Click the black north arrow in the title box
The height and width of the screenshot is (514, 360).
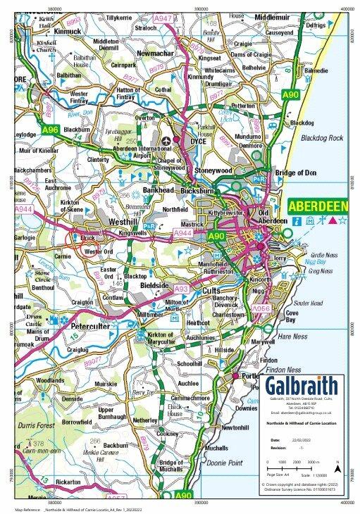[337, 467]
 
